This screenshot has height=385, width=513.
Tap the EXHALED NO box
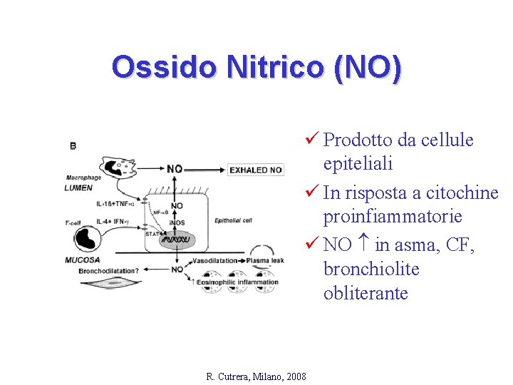point(256,170)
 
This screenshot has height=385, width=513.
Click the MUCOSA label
point(83,260)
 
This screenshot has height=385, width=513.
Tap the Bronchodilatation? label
point(108,270)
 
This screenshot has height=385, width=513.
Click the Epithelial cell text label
point(233,220)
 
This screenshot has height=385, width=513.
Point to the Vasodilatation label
point(215,261)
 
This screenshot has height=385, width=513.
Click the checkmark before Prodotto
point(310,140)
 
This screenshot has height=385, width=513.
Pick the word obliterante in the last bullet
point(366,293)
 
